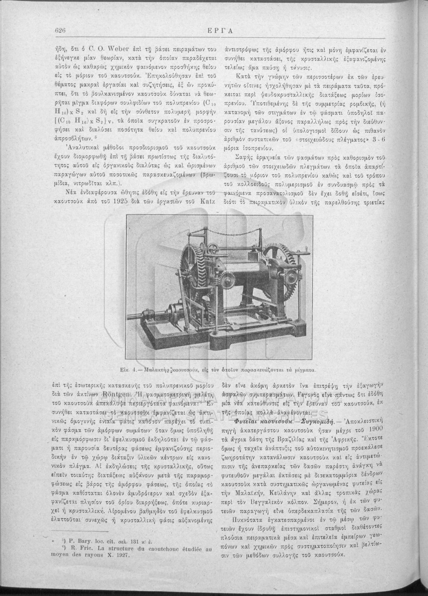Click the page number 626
tap(61, 31)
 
